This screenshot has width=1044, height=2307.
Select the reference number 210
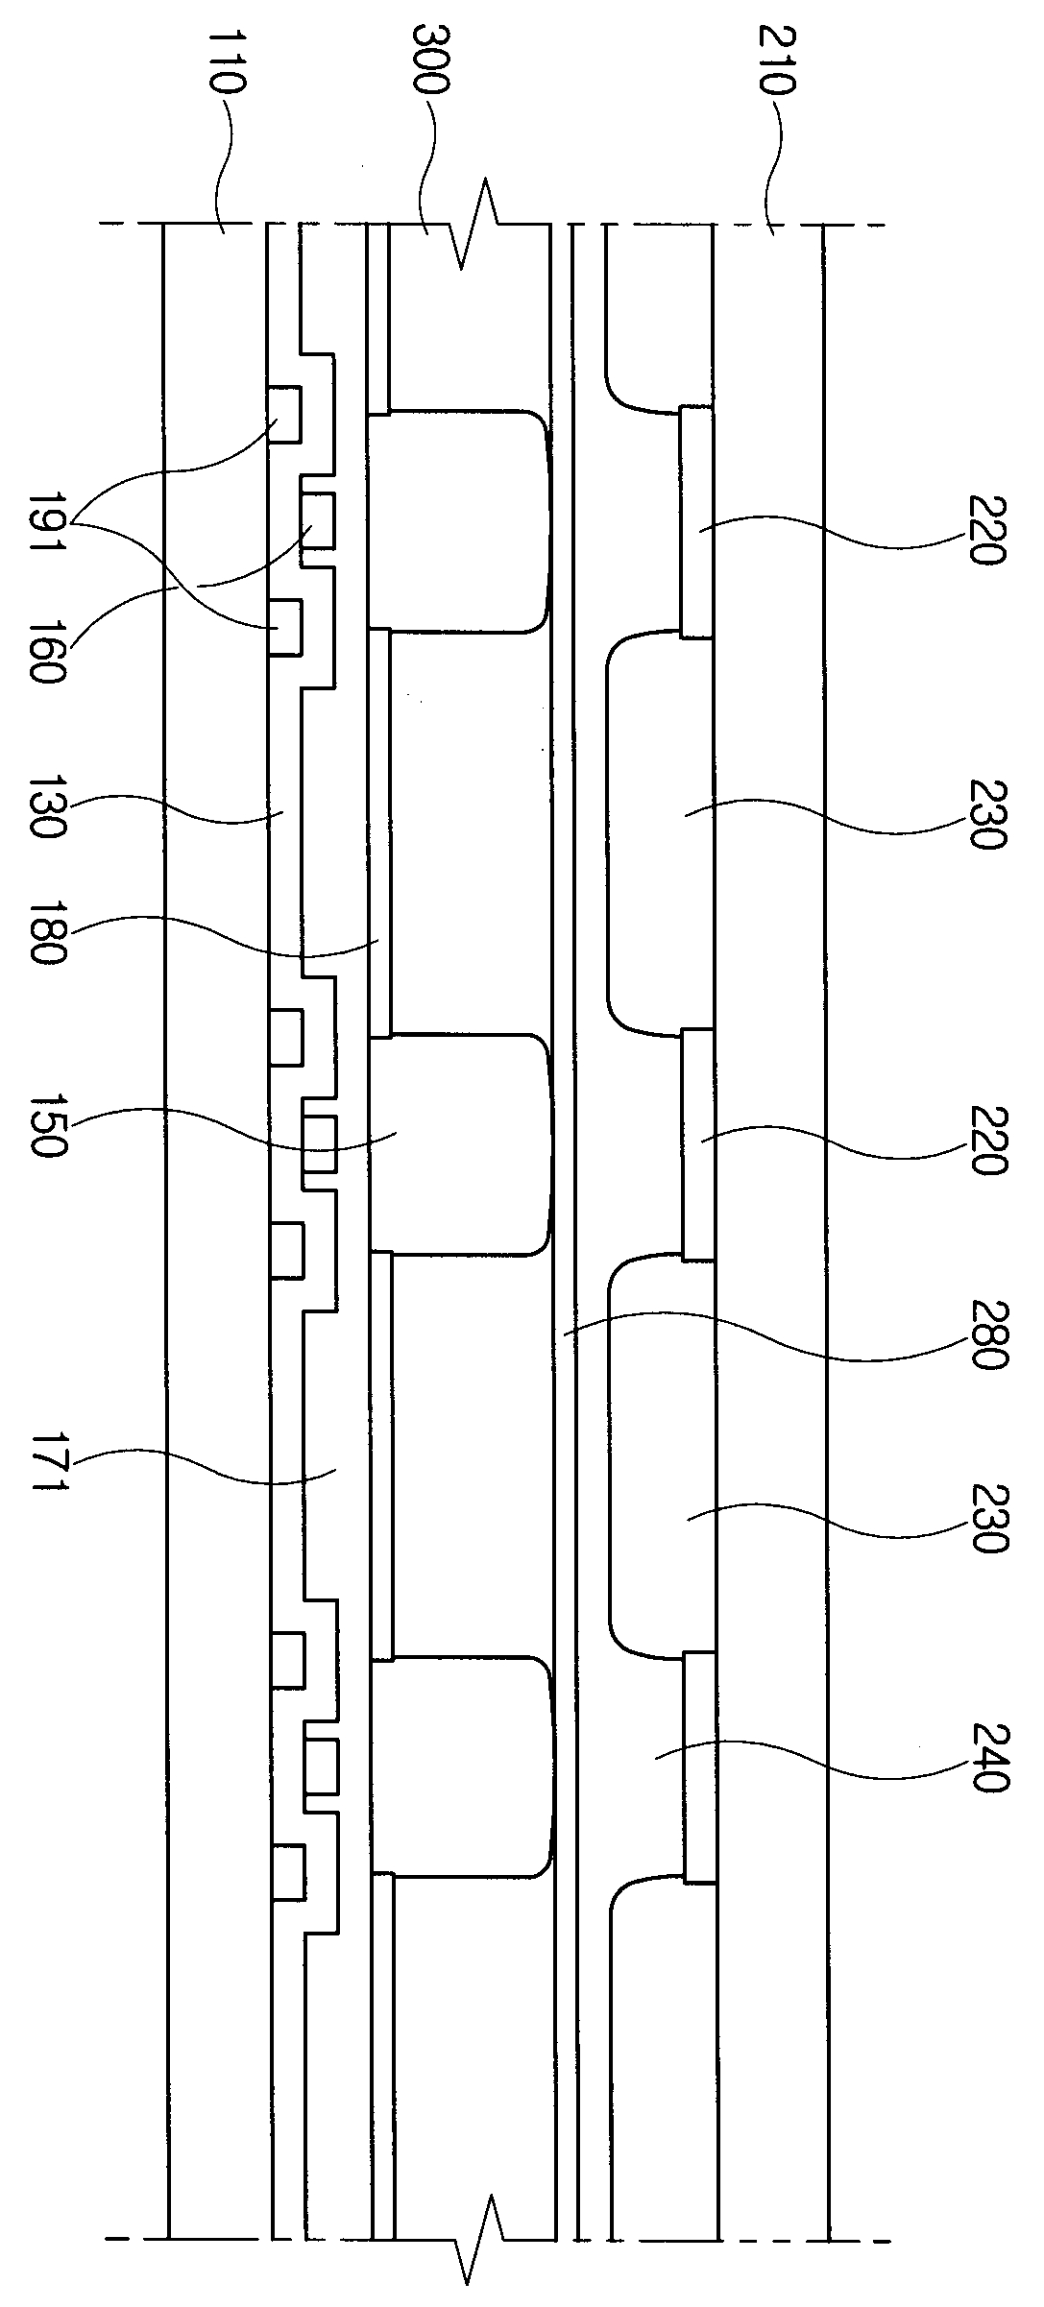tap(776, 60)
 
